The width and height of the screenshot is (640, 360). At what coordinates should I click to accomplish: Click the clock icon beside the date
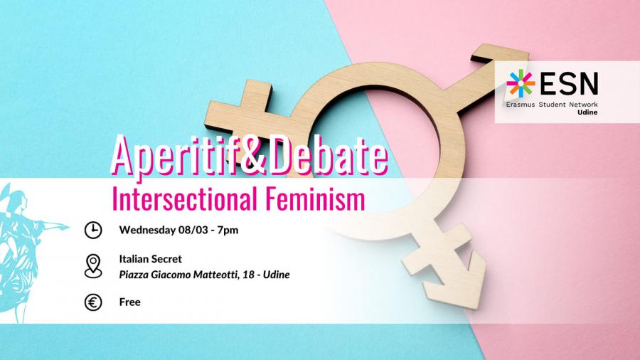coord(93,231)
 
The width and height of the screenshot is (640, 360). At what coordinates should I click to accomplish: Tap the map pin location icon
coord(93,266)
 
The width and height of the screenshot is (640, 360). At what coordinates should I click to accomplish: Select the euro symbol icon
coord(93,302)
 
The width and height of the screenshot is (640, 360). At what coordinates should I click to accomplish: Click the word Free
coord(130,302)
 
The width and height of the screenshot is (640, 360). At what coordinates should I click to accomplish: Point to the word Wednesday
coord(147,231)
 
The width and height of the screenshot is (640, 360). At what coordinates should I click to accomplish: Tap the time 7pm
coord(228,231)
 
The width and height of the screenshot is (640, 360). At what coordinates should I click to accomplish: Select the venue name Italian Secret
coord(151,259)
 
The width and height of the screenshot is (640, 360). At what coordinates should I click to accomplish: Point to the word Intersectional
coord(184,198)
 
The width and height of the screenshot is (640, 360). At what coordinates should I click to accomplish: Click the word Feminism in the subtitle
coord(315,198)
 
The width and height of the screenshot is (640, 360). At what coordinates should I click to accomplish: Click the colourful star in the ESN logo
coord(521,83)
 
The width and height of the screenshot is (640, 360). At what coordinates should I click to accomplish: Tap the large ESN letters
coord(569,83)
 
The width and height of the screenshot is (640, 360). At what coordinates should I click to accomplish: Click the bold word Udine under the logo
coord(587,112)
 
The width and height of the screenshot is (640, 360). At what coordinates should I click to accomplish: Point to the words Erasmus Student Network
coord(552,105)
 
